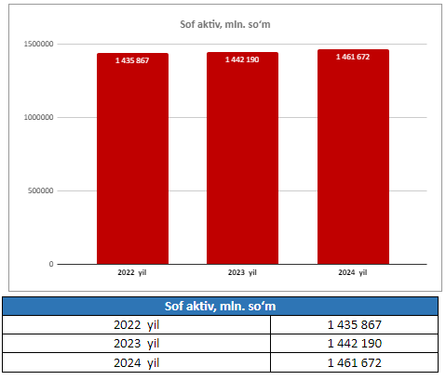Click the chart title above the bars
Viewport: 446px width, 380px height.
[225, 24]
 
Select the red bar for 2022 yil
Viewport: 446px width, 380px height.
[132, 159]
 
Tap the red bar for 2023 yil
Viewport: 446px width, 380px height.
[242, 158]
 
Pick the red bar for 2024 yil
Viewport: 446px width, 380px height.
[353, 157]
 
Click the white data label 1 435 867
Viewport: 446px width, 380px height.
[132, 60]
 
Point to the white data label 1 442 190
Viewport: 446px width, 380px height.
[242, 59]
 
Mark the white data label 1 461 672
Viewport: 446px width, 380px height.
[353, 57]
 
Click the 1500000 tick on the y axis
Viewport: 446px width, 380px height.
[39, 44]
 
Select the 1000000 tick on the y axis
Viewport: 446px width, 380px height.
[39, 117]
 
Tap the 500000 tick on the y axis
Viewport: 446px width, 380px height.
[41, 190]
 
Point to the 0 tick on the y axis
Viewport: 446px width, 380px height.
[51, 264]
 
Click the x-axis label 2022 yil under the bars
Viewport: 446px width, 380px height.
[132, 272]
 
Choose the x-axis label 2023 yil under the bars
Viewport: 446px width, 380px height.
[242, 272]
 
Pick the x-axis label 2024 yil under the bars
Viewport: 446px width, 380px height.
[353, 272]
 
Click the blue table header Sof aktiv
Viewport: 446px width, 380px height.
[220, 307]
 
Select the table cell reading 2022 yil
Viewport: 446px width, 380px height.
[136, 325]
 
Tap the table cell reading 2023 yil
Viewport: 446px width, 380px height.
[136, 344]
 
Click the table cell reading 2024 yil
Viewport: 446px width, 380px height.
[136, 362]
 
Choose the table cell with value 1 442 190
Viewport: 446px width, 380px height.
[355, 344]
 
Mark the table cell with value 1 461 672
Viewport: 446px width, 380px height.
[355, 362]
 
